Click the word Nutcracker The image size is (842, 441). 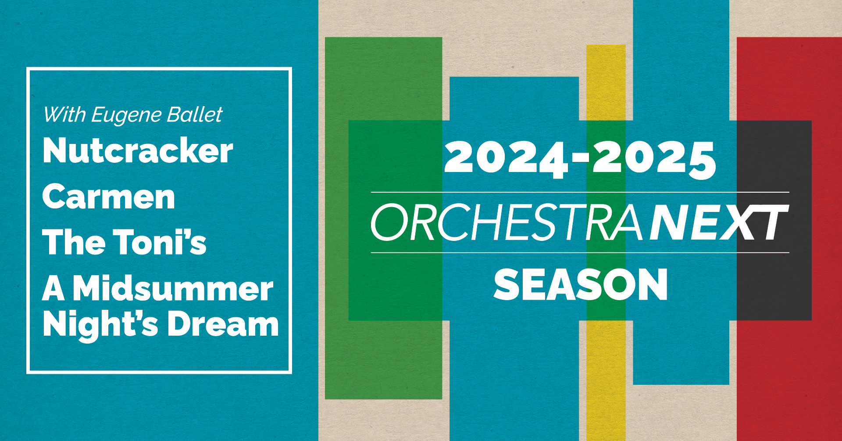pos(138,151)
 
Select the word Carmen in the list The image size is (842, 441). pos(109,197)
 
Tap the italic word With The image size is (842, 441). pos(65,115)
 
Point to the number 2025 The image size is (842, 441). pos(654,159)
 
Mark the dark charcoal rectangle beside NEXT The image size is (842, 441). pos(774,220)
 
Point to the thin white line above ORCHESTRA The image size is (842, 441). pos(580,192)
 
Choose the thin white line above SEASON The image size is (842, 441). pos(580,253)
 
